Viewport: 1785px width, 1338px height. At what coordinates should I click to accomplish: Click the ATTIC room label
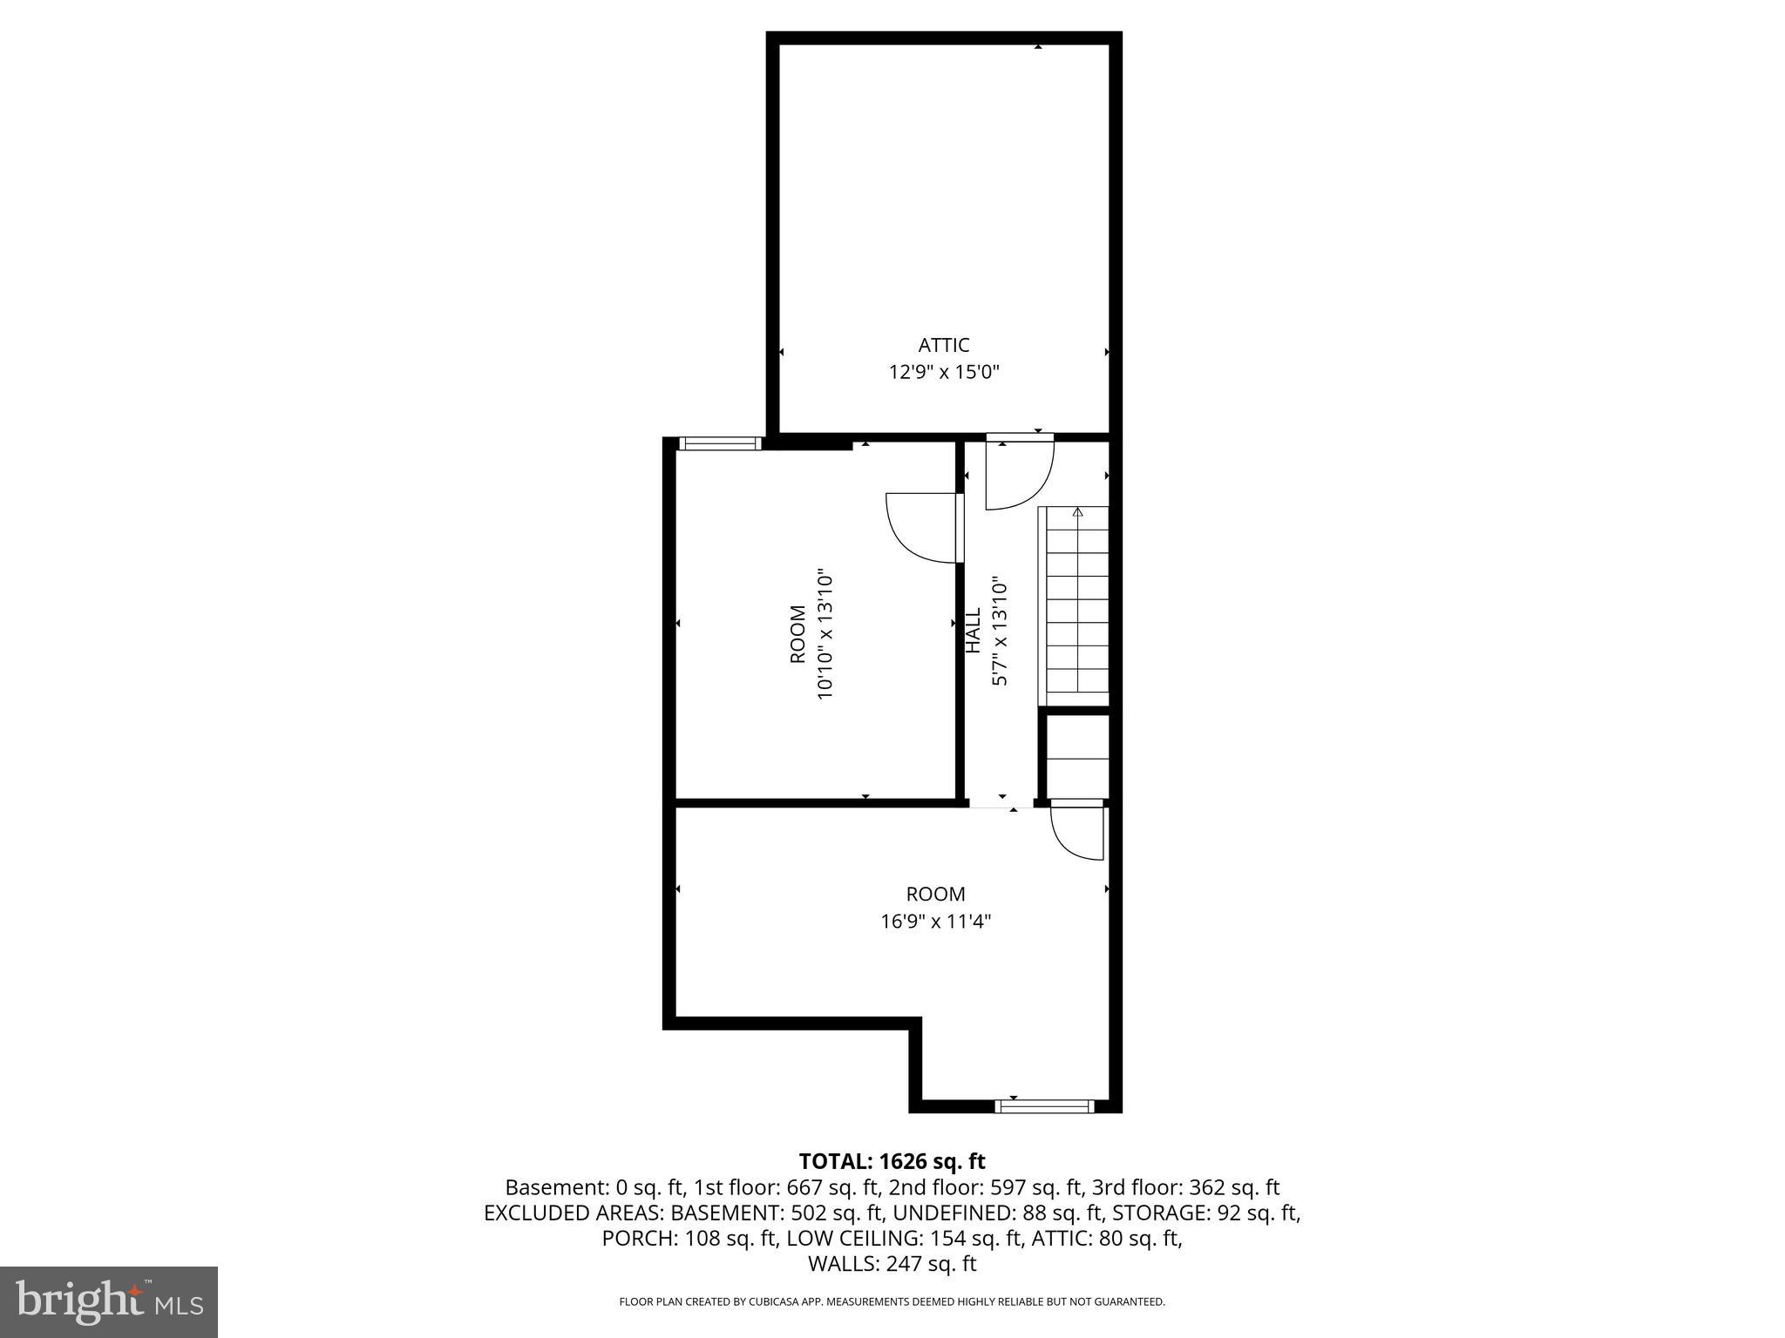click(943, 345)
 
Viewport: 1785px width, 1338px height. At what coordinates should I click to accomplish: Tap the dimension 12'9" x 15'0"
click(943, 373)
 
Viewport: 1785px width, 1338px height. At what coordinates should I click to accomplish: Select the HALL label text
click(974, 630)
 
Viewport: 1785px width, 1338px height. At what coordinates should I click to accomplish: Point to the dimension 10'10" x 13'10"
click(825, 635)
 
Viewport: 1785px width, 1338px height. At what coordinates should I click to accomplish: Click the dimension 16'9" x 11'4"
click(935, 922)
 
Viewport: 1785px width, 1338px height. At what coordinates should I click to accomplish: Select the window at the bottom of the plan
click(1044, 1106)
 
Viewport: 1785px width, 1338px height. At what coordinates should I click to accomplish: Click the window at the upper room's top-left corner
click(720, 443)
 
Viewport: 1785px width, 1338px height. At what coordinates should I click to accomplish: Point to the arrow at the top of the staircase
click(1077, 512)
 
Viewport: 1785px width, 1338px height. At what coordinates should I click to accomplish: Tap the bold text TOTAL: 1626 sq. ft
click(892, 1161)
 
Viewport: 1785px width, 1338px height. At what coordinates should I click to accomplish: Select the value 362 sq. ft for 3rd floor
click(1234, 1187)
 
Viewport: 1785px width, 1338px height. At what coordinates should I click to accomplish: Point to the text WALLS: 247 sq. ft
click(892, 1264)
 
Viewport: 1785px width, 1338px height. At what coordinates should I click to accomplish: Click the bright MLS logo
click(109, 1301)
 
